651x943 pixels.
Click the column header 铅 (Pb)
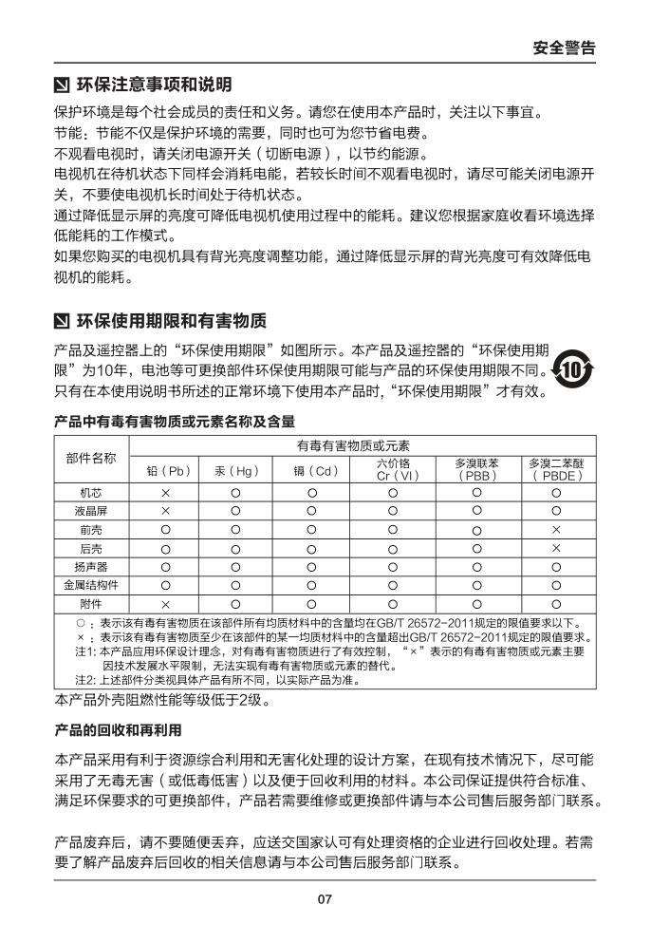(164, 470)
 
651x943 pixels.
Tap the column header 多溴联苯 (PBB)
(475, 469)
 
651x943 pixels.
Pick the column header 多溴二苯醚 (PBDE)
(556, 469)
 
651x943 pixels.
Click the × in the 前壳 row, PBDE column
(556, 530)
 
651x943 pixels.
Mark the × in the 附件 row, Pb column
(164, 603)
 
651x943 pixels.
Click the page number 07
(325, 898)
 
